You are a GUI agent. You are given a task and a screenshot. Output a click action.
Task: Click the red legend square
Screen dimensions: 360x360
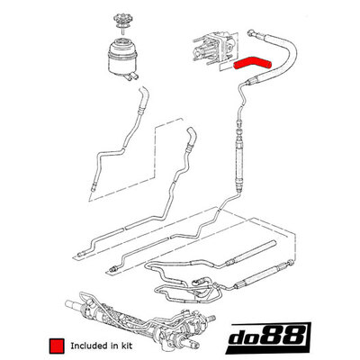57,346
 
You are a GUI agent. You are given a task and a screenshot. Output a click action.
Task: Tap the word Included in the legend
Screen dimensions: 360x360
87,346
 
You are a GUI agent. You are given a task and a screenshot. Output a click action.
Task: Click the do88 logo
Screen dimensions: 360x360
268,338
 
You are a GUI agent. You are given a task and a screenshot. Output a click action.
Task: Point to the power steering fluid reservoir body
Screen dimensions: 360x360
122,57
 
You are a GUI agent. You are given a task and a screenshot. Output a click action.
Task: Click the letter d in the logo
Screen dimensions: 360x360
238,337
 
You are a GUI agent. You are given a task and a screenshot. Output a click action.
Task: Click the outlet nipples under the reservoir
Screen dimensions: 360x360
131,76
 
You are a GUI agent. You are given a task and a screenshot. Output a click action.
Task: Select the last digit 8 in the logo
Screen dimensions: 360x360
295,336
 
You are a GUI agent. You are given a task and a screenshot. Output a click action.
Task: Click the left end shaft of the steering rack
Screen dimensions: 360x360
71,304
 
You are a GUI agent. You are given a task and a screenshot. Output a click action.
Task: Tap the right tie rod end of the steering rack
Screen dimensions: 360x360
211,318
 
